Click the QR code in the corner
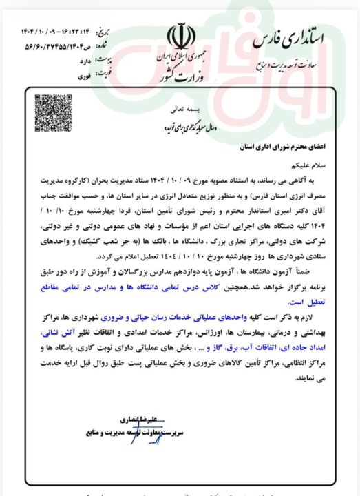point(53,113)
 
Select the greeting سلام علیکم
point(324,165)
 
